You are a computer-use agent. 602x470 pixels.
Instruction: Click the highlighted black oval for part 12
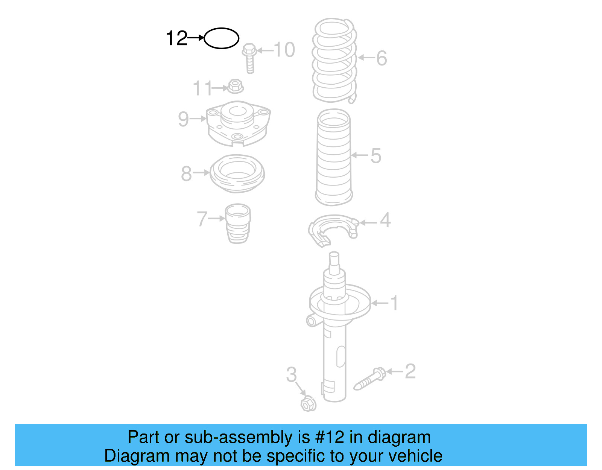click(221, 38)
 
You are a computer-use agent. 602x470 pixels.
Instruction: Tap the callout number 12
click(176, 38)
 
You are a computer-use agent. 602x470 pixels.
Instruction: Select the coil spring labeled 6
click(334, 60)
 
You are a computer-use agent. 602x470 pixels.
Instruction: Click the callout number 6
click(382, 58)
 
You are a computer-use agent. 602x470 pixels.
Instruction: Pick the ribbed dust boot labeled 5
click(334, 157)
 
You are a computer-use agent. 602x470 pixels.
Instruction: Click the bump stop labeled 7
click(238, 224)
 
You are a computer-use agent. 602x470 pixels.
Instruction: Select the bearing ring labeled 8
click(237, 173)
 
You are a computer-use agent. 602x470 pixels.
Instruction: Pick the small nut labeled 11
click(235, 87)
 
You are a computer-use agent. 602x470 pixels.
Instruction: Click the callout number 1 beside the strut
click(394, 303)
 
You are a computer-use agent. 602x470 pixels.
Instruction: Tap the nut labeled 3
click(308, 404)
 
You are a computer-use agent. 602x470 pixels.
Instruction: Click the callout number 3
click(291, 374)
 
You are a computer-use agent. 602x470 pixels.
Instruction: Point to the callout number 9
click(183, 119)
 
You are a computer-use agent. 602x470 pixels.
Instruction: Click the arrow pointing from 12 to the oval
click(196, 38)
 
